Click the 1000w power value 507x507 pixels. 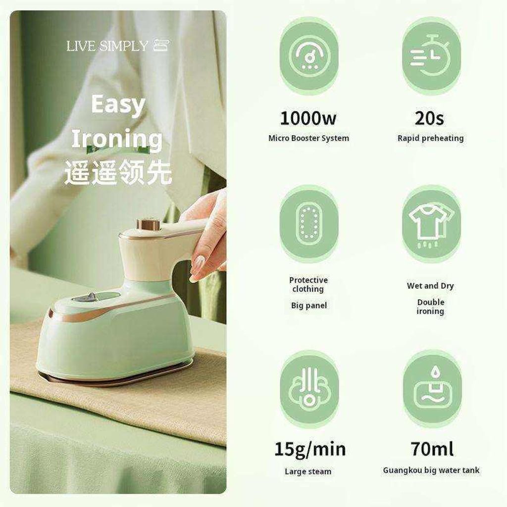(308, 118)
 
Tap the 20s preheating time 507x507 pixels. (429, 118)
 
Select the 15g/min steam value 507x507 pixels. (310, 450)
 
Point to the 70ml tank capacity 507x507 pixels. (432, 449)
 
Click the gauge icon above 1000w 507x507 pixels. (309, 55)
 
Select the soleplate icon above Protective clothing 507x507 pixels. (309, 224)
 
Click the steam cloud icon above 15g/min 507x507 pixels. (309, 389)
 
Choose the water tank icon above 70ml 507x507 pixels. (432, 389)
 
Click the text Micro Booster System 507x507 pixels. (309, 139)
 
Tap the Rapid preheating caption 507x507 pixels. (431, 139)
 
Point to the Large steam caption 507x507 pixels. (308, 472)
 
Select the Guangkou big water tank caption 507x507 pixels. (431, 470)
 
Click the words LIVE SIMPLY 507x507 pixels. (107, 46)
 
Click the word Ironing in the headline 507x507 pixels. (117, 140)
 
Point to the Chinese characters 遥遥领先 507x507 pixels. (118, 172)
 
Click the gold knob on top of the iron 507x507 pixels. (149, 224)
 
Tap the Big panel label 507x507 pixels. (309, 305)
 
